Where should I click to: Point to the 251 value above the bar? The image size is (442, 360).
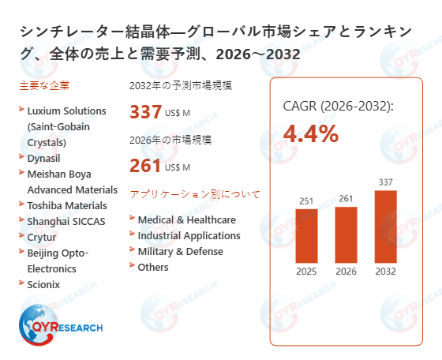[x=306, y=201]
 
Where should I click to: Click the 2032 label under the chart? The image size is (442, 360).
[x=385, y=272]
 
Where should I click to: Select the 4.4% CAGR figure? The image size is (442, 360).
[x=310, y=133]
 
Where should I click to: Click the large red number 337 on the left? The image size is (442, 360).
[x=145, y=112]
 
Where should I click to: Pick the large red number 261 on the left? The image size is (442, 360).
[x=145, y=166]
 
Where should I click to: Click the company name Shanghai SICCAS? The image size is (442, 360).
[x=66, y=220]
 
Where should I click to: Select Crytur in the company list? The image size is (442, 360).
[x=43, y=236]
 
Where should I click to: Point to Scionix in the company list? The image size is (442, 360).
[x=43, y=283]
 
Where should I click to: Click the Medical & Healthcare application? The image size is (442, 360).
[x=186, y=219]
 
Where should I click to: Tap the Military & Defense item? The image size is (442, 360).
[x=180, y=251]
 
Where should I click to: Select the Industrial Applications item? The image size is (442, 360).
[x=189, y=235]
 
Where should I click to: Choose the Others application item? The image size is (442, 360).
[x=153, y=267]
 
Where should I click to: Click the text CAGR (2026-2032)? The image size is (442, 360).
[x=338, y=106]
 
